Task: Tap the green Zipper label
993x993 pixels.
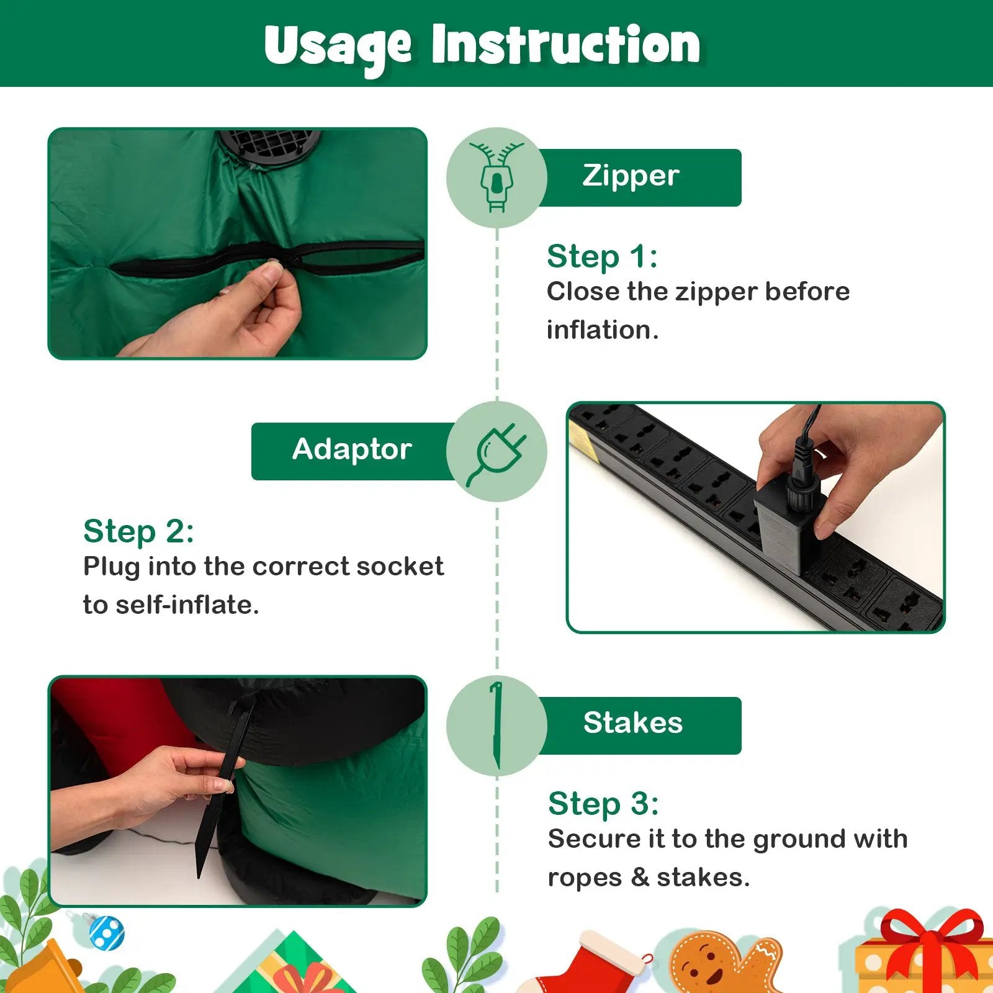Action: coord(639,177)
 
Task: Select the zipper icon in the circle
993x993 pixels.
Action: coord(496,177)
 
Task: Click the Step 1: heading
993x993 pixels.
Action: coord(602,256)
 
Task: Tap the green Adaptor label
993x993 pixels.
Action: coord(353,451)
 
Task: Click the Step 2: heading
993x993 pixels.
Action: coord(138,531)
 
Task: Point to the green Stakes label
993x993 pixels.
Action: coord(639,726)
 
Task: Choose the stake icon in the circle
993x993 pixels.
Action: coord(496,725)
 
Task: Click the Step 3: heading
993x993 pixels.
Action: coord(603,804)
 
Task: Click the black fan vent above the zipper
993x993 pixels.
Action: coord(269,146)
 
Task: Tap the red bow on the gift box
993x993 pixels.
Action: coord(931,946)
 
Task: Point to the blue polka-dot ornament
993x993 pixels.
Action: coord(107,932)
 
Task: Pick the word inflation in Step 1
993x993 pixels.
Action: coord(602,330)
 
